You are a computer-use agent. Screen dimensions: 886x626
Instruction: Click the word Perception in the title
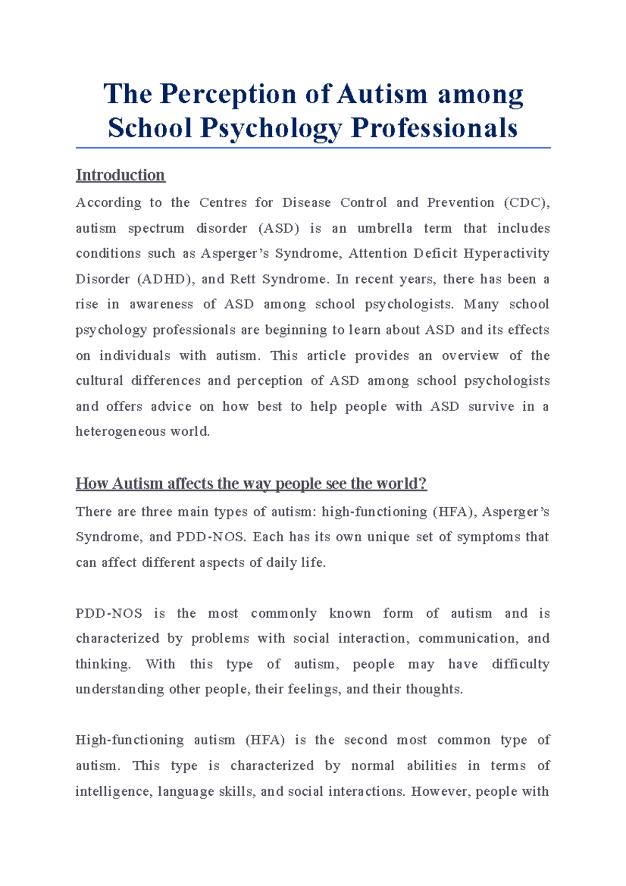228,94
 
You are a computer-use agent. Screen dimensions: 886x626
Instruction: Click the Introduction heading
121,175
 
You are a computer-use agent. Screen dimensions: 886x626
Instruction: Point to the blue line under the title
313,148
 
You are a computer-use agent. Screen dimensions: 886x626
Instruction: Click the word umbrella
384,228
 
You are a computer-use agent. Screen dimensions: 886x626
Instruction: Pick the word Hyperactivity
506,254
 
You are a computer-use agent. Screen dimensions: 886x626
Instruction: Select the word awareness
161,304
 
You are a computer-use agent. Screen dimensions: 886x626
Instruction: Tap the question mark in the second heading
423,484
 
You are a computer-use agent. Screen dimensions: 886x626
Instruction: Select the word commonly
284,613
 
